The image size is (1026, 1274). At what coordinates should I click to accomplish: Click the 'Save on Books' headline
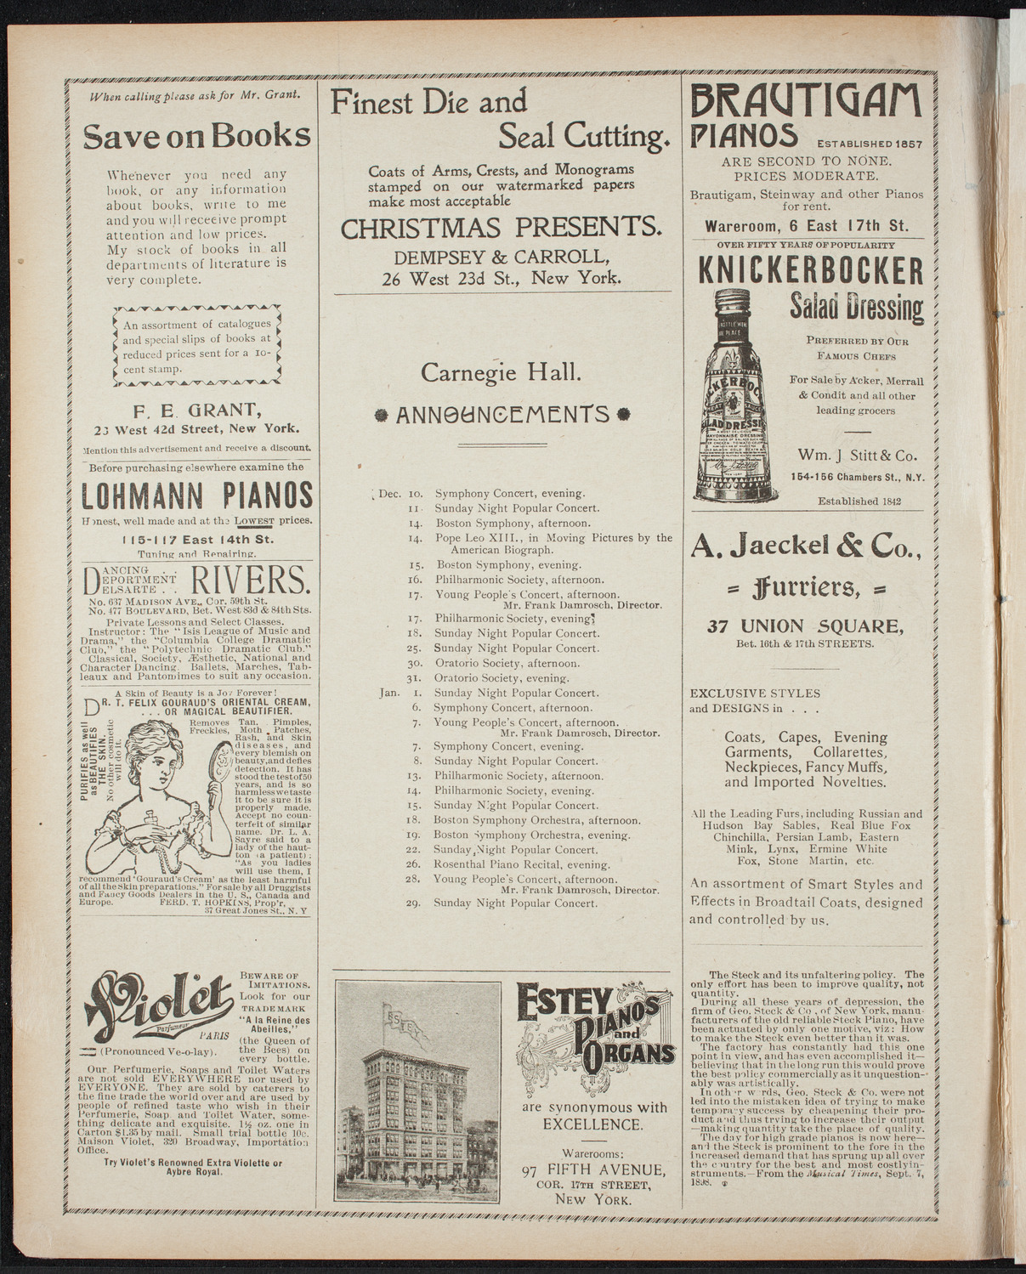(196, 136)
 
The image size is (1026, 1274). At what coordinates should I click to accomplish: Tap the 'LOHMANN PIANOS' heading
(197, 495)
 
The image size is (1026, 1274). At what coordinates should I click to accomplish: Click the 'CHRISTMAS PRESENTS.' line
(502, 228)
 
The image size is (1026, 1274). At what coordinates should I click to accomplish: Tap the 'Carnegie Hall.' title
(502, 371)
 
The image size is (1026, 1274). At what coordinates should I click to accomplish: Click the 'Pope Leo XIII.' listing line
(553, 538)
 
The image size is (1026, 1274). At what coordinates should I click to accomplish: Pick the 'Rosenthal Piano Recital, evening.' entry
(522, 864)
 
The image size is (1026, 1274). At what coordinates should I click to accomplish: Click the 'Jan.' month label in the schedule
(389, 693)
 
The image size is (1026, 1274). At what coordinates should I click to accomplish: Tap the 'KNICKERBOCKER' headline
(810, 271)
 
